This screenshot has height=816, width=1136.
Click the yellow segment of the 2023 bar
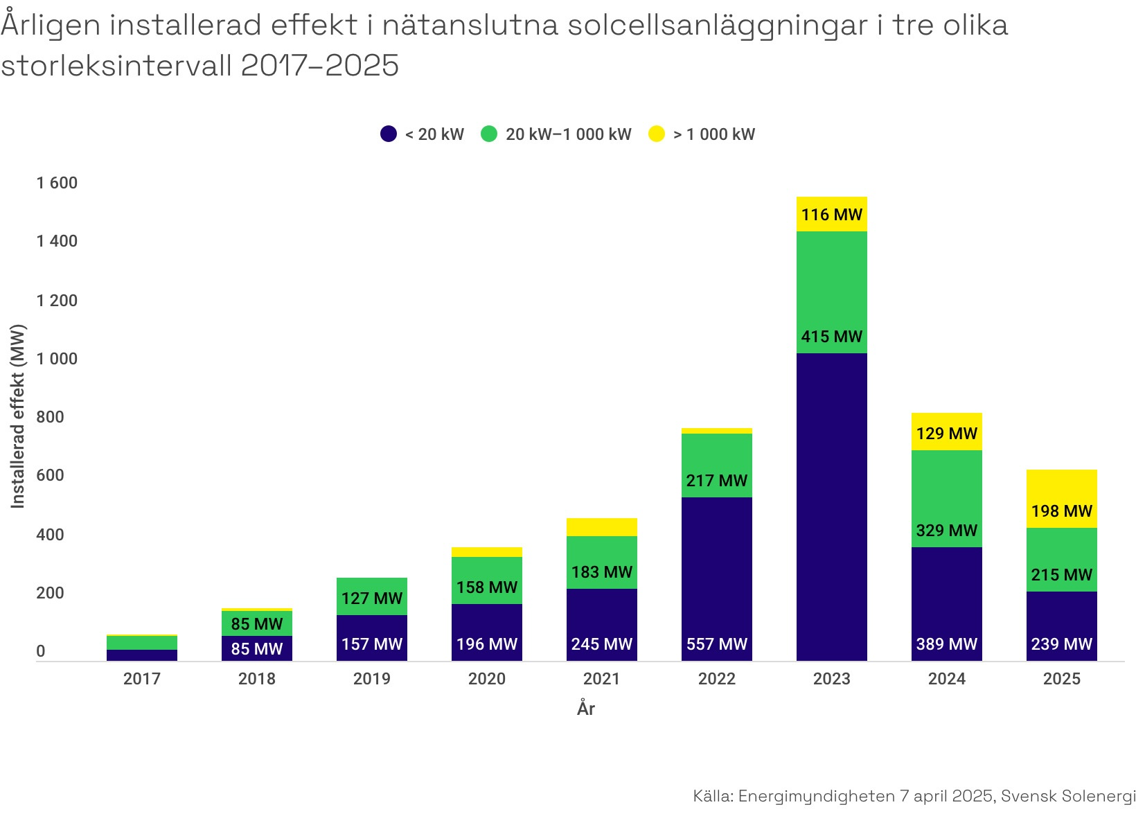(831, 214)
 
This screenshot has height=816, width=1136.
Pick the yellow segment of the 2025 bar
(1061, 492)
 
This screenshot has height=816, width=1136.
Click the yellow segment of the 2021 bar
(601, 527)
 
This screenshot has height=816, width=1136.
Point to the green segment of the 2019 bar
(371, 596)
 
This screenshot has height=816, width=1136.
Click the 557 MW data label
(716, 644)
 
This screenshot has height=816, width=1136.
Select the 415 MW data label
(831, 337)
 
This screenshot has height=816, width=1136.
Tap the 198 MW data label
(1061, 511)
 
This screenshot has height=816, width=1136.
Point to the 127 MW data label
(371, 598)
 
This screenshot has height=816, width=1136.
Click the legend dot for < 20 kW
(389, 134)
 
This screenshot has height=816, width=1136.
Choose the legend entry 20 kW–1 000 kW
(568, 134)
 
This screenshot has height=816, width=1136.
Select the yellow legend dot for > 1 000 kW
(656, 134)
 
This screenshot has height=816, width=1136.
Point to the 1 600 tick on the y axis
(57, 183)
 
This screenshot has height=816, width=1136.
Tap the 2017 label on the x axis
(141, 679)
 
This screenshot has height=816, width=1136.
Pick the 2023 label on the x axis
(831, 679)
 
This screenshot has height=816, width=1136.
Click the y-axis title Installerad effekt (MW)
(18, 416)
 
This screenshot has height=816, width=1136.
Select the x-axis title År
(585, 709)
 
